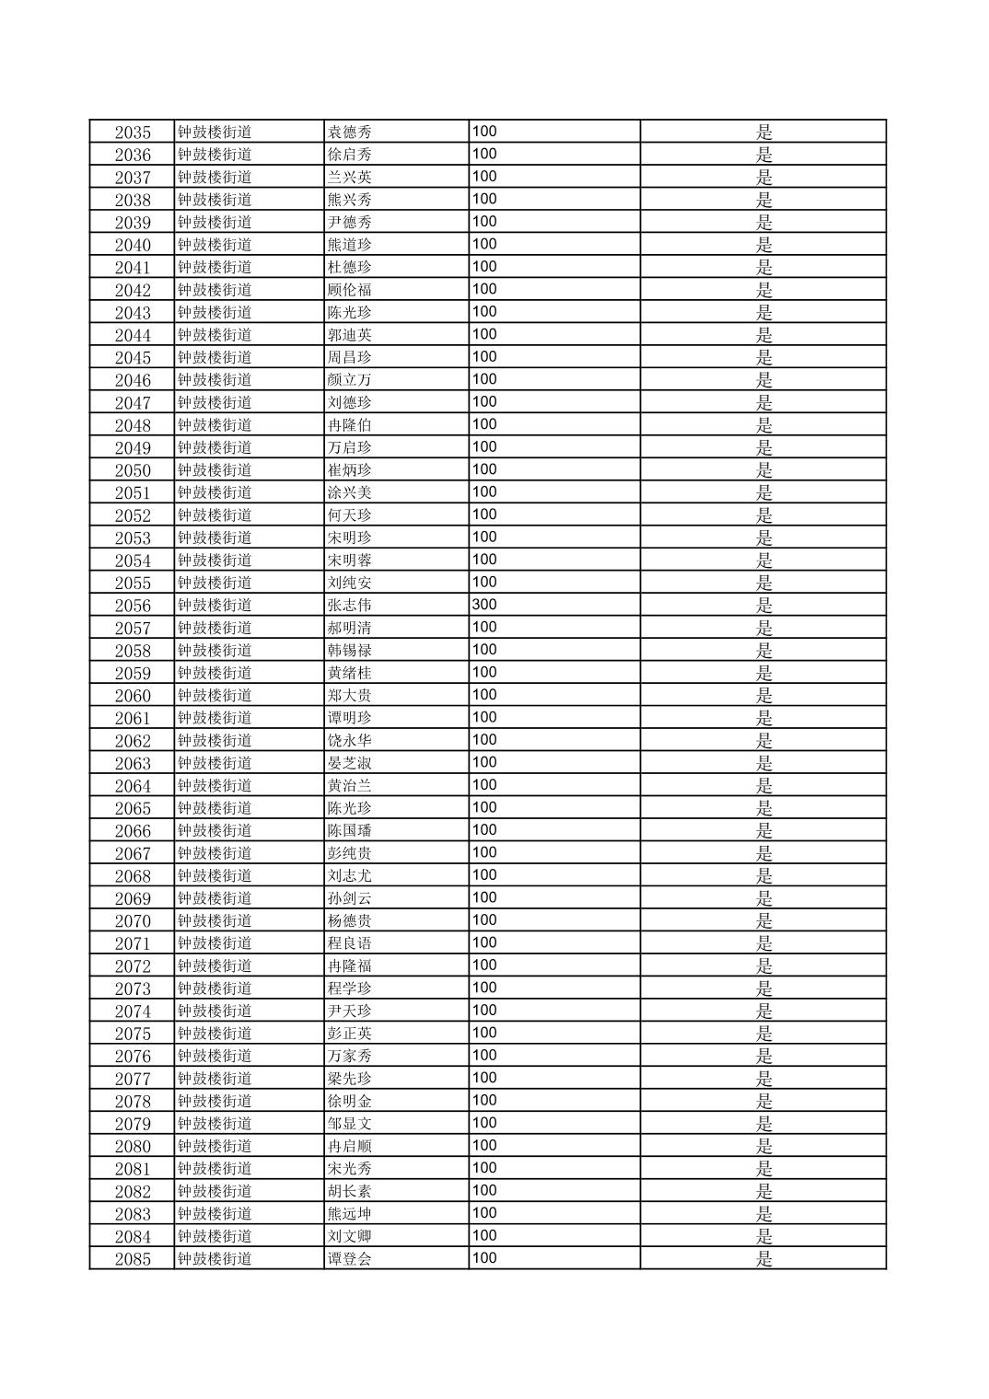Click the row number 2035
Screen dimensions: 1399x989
[x=133, y=132]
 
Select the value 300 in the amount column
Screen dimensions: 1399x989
[x=484, y=605]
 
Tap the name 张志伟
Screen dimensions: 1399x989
[x=350, y=605]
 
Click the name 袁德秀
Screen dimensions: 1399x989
[x=350, y=132]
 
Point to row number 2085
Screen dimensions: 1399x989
[x=133, y=1259]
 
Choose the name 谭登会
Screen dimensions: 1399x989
[x=350, y=1259]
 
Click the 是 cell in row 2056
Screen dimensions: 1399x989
[x=763, y=605]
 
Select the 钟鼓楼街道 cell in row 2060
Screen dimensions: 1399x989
[x=215, y=695]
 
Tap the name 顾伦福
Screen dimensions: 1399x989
[x=350, y=290]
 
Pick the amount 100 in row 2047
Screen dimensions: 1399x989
[x=484, y=402]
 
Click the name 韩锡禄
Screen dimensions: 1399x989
[x=350, y=650]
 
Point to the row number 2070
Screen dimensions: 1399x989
[x=133, y=920]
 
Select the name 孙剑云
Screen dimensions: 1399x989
[x=350, y=898]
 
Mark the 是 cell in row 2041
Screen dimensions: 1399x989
[x=763, y=267]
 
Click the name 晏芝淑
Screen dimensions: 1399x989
[x=350, y=763]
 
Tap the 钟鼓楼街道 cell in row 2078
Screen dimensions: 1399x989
[x=215, y=1101]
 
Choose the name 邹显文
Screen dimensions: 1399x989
[x=350, y=1124]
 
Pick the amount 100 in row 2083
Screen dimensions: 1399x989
[x=484, y=1213]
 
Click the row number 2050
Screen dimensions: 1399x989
[x=133, y=470]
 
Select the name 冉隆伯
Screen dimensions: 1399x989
[x=350, y=425]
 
